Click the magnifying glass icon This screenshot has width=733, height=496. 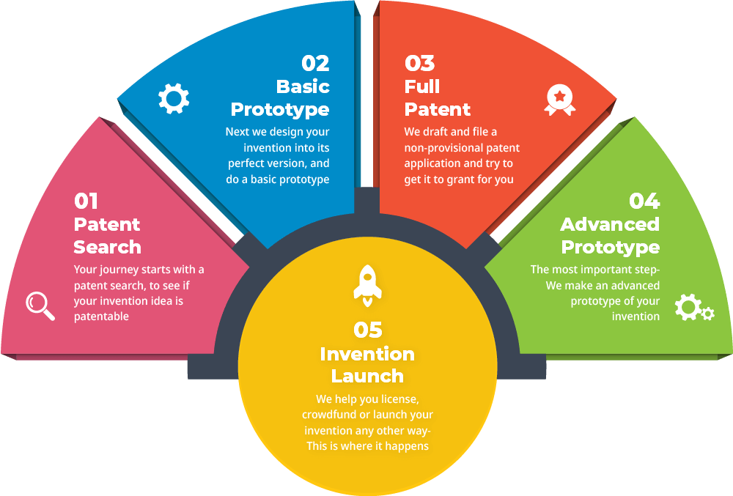(40, 305)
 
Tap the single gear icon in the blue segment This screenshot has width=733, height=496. (174, 99)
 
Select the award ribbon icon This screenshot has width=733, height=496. (559, 100)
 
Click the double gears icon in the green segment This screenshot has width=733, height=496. (692, 308)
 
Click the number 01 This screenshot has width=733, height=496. (86, 201)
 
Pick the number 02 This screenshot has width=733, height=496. (315, 63)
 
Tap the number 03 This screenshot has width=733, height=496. (419, 63)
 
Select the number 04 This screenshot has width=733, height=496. (644, 201)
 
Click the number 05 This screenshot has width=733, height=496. (367, 330)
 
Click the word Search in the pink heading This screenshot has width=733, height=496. (108, 247)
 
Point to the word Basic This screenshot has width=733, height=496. (303, 86)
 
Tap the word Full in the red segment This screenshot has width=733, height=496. (422, 86)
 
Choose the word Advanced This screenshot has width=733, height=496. (610, 224)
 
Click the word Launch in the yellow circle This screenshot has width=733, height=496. (367, 376)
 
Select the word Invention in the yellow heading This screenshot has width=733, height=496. (367, 354)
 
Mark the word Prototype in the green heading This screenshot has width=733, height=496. (610, 247)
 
